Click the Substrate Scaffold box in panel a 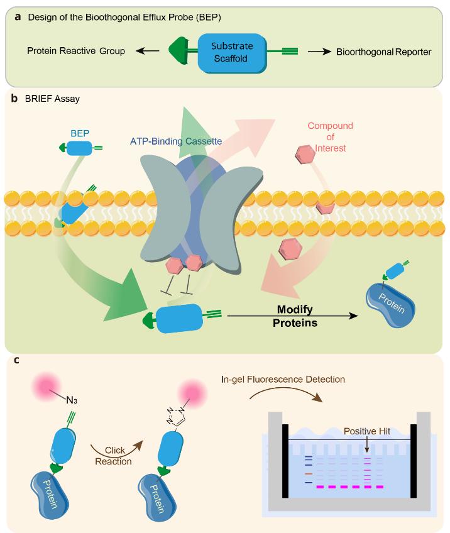tap(229, 52)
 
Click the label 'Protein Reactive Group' tap(76, 52)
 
